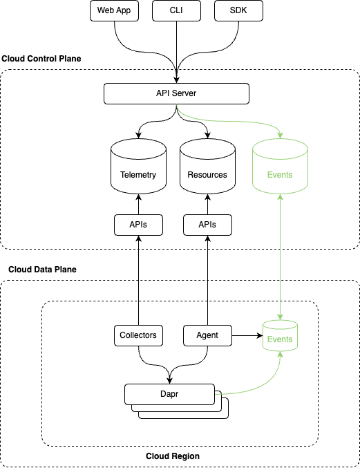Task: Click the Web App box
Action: (114, 11)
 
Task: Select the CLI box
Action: (176, 11)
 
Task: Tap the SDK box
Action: (238, 11)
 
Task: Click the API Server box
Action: (176, 94)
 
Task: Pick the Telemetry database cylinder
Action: (138, 166)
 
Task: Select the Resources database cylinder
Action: (207, 166)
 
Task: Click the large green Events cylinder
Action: (280, 166)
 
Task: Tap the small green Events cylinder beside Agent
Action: (280, 335)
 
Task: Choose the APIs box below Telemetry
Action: (138, 225)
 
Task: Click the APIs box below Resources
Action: (207, 225)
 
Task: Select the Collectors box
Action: (138, 335)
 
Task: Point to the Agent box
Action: (207, 335)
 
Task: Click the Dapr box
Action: (169, 394)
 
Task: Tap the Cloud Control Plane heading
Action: (41, 59)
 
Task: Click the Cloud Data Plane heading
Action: (42, 270)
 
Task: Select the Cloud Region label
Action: (173, 456)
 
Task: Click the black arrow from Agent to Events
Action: (247, 335)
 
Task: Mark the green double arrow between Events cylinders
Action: (280, 257)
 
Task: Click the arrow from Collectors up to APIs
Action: (138, 280)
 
